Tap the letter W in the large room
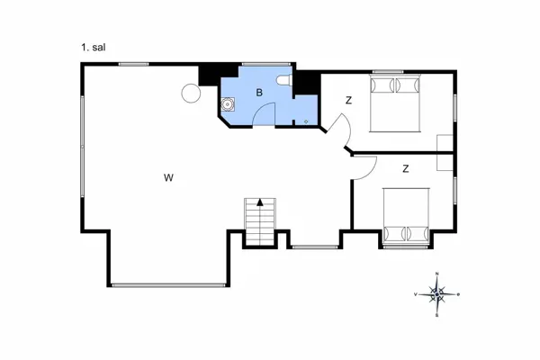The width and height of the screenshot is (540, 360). [x=168, y=177]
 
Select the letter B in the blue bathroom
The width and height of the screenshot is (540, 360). [x=258, y=93]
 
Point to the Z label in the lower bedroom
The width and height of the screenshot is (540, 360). [x=406, y=168]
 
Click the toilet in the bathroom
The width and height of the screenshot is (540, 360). [x=284, y=83]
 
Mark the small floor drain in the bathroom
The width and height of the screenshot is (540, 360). [x=306, y=121]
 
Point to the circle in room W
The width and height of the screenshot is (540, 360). [x=191, y=93]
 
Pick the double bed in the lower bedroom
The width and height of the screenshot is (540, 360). [x=407, y=216]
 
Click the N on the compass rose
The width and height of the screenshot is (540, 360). [x=436, y=274]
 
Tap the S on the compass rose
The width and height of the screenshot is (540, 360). [x=436, y=315]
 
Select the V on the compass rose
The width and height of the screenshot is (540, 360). [x=415, y=294]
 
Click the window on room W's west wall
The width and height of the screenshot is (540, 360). [x=83, y=148]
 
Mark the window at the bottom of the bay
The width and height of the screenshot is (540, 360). [x=167, y=284]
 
